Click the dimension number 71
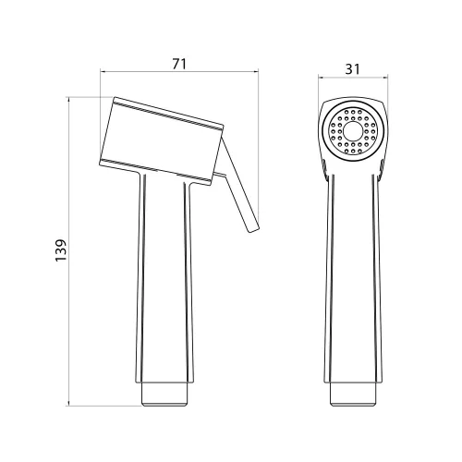coord(179,64)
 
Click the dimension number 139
coord(61,249)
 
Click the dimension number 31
coord(352,69)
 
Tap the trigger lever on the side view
coord(240,185)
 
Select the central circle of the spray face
coord(353,131)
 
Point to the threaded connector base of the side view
coord(164,395)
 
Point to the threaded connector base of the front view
coord(353,395)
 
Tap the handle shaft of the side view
coord(164,277)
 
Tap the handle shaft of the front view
coord(353,277)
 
